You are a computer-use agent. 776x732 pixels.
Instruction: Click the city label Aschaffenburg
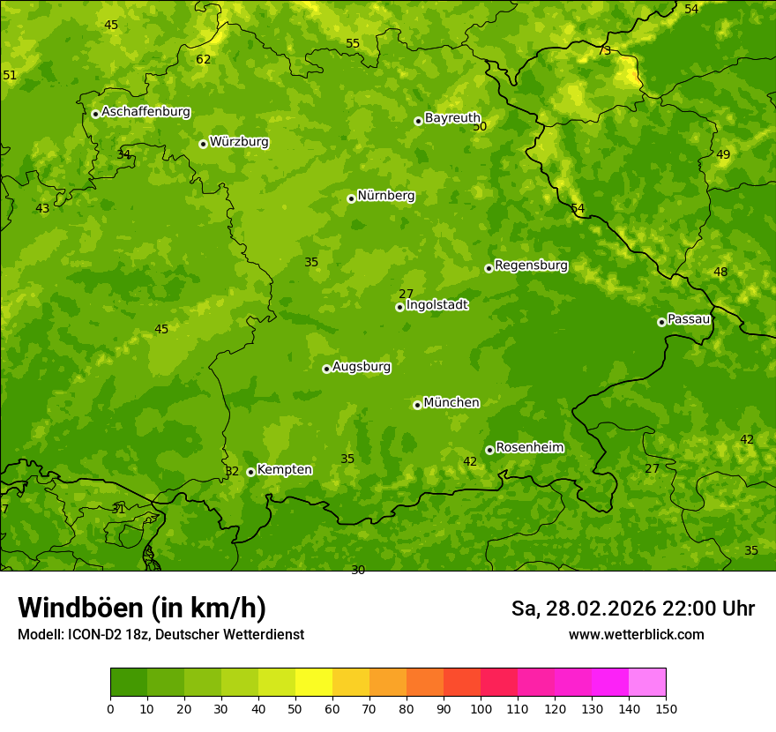click(x=145, y=112)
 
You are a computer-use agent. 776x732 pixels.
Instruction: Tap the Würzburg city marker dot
click(x=203, y=144)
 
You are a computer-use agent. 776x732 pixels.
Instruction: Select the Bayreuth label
click(x=452, y=117)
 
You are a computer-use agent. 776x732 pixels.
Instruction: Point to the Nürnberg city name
click(x=385, y=196)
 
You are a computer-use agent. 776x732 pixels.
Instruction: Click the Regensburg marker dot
click(x=489, y=268)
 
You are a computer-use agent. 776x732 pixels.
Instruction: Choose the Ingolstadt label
click(x=436, y=305)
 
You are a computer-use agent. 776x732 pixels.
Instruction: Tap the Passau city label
click(x=689, y=318)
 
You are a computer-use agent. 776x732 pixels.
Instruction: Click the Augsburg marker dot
click(x=326, y=369)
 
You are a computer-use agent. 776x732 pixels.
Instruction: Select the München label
click(x=451, y=403)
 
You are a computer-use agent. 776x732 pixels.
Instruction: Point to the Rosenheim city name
click(x=529, y=448)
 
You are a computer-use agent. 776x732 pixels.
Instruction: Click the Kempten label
click(x=284, y=470)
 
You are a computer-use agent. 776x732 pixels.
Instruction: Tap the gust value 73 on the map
click(x=604, y=50)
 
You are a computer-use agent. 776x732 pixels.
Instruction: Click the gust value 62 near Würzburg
click(x=204, y=60)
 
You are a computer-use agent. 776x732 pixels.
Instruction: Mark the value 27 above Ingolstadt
click(x=406, y=294)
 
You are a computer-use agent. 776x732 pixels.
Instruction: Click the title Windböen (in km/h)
click(x=142, y=608)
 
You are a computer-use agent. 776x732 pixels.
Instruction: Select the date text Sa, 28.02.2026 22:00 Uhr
click(x=632, y=609)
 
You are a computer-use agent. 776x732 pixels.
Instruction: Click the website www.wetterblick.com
click(x=636, y=635)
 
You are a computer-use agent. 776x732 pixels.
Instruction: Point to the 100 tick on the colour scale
click(x=481, y=708)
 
